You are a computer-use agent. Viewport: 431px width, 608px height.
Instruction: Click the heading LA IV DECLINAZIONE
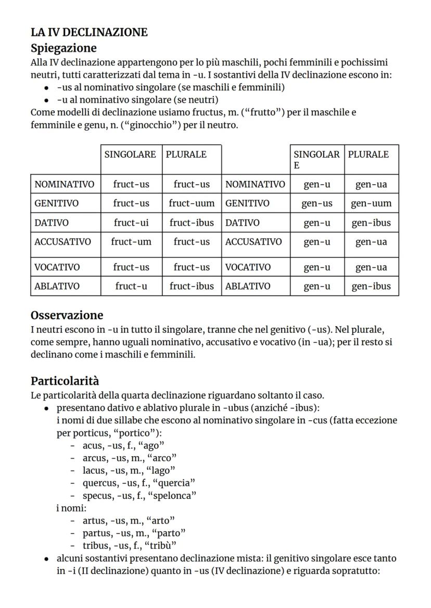[89, 33]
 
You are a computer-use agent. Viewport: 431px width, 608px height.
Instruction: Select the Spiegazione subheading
[64, 48]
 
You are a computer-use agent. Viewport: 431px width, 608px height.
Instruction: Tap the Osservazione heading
[67, 315]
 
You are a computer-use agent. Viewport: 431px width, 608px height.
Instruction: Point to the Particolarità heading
[65, 381]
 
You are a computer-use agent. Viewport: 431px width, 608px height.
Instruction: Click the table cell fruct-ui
[131, 223]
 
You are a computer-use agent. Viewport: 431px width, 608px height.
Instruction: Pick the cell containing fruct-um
[131, 241]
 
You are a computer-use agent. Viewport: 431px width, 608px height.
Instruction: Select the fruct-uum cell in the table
[192, 203]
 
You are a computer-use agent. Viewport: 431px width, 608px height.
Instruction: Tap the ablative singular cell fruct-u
[131, 286]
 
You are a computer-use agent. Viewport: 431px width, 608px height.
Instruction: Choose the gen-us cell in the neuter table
[317, 203]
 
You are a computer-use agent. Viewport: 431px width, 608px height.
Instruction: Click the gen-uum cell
[371, 203]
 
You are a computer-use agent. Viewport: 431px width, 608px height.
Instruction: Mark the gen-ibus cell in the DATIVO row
[371, 223]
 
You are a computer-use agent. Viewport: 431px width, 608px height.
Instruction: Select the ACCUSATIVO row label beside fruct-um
[62, 241]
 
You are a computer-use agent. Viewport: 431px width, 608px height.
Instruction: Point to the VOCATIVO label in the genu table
[248, 267]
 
